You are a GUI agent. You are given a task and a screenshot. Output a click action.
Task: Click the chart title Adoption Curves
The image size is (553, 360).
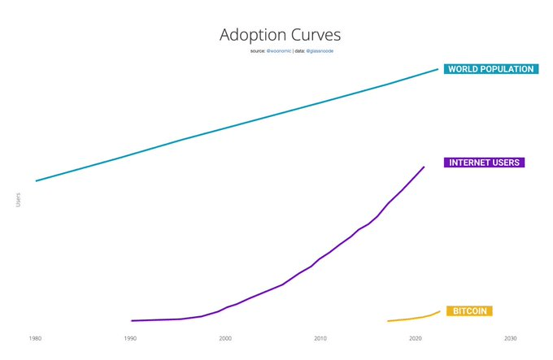280,35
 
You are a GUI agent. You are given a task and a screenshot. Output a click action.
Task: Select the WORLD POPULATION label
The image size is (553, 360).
490,69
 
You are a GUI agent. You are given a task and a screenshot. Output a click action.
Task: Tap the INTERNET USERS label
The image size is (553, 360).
484,163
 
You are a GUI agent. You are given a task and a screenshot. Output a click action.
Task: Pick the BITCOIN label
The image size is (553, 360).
468,311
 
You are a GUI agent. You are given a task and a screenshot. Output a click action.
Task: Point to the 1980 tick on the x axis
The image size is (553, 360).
35,338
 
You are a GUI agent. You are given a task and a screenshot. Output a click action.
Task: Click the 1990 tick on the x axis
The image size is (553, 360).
130,338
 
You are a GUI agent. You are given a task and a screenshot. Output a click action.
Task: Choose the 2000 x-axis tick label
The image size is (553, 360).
225,338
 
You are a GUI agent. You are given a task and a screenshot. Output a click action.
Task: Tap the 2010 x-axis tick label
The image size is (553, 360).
320,338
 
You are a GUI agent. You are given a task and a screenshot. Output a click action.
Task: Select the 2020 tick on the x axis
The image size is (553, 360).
416,338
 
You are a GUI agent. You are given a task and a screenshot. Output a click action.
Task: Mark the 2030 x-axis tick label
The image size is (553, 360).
511,338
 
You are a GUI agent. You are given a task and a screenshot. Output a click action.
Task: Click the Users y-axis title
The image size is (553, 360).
19,200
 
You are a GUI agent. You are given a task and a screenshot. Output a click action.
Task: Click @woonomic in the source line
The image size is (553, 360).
279,51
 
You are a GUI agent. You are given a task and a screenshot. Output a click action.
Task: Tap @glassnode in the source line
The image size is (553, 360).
320,51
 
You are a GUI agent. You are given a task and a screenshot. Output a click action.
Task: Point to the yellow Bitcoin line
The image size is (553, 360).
415,318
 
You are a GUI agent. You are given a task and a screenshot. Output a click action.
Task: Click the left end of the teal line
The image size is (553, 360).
37,180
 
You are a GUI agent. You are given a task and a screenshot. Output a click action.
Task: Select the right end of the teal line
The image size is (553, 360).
438,70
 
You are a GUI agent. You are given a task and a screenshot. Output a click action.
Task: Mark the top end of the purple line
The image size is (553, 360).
424,167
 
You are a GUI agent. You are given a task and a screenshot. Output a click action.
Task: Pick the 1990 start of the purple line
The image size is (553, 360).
132,320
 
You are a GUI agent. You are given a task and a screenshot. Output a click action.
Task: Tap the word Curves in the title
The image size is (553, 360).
312,35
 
